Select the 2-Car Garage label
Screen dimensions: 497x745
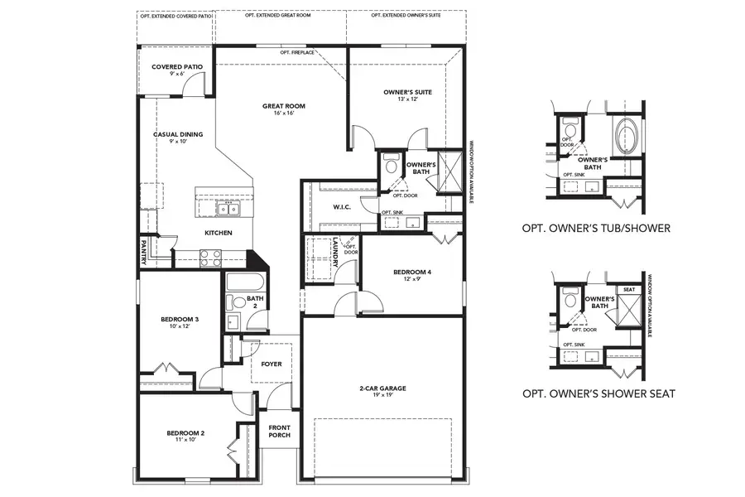pos(382,388)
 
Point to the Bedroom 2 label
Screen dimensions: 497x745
pos(185,433)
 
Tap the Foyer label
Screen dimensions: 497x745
pos(271,364)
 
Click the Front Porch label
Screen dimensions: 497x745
pos(279,432)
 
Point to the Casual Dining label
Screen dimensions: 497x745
pos(178,134)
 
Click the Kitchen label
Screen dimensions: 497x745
pos(218,233)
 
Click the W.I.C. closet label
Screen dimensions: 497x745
pos(342,207)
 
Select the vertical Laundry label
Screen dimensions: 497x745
pos(335,252)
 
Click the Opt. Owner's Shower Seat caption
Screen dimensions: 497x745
pos(598,393)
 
